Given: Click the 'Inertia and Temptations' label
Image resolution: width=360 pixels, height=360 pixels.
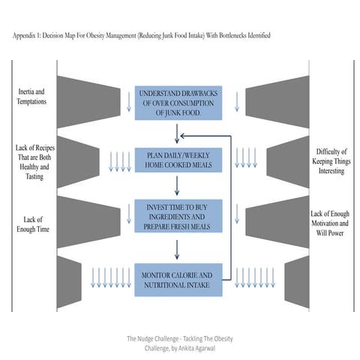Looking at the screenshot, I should coord(31,96).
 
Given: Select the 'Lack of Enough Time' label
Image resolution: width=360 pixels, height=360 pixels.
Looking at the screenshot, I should coord(31,223).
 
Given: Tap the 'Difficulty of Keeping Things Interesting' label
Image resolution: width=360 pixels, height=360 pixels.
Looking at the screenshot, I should coord(329,160).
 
